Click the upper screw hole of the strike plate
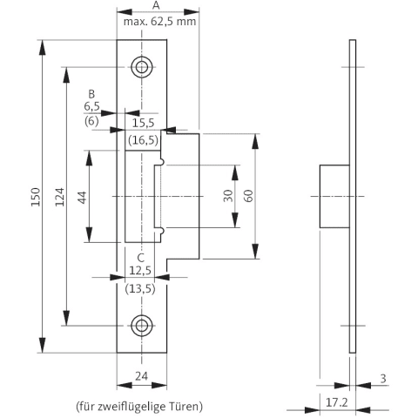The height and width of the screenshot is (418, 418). [x=142, y=67]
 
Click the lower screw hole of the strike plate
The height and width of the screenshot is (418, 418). [x=142, y=326]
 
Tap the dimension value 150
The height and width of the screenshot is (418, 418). [x=36, y=197]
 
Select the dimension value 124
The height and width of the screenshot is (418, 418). [x=60, y=197]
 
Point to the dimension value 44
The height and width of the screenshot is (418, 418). [x=83, y=198]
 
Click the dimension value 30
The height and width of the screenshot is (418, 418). [x=228, y=196]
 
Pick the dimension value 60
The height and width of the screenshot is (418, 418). [x=248, y=196]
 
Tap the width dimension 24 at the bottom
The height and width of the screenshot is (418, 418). [x=142, y=376]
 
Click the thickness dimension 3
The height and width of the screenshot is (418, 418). [x=383, y=379]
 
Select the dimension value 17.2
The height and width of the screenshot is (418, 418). [x=337, y=402]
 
